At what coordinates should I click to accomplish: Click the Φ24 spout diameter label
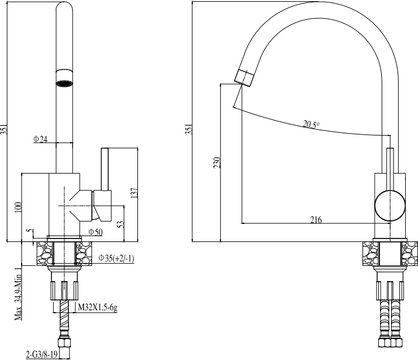pos(40,139)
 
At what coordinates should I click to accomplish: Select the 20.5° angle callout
pos(311,124)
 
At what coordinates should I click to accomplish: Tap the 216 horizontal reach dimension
pos(316,220)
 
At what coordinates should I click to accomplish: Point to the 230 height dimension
pos(217,162)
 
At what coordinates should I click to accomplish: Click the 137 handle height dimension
pos(134,193)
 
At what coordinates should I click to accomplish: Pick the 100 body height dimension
pos(18,207)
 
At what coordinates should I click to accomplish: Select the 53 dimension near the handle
pos(121,224)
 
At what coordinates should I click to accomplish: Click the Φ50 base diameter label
pos(95,232)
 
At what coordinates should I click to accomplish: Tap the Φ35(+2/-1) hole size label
pos(116,258)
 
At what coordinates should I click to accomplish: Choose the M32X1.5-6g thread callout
pos(98,308)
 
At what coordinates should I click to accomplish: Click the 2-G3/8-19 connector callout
pos(42,355)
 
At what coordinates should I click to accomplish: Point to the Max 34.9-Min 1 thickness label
pos(18,293)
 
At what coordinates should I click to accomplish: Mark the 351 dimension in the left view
pos(4,129)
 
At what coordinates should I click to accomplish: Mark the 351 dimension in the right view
pos(189,129)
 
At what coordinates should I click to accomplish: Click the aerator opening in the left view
pos(64,83)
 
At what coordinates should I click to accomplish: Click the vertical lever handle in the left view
pos(105,169)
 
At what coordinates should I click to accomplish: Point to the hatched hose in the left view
pos(64,314)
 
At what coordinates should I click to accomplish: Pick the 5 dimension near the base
pos(30,231)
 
